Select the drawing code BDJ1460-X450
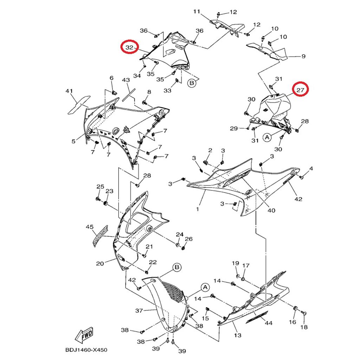click(x=86, y=350)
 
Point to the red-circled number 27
click(x=300, y=90)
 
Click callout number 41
click(x=69, y=91)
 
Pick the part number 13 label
click(x=238, y=335)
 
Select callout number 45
click(x=90, y=227)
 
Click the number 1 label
click(x=198, y=209)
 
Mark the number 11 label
click(x=197, y=12)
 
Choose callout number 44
click(x=269, y=323)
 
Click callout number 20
click(x=100, y=263)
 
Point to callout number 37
click(x=139, y=310)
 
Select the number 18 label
click(x=304, y=327)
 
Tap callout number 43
click(x=126, y=81)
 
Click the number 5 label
click(x=73, y=141)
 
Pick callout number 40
click(x=271, y=211)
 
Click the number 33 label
click(x=167, y=90)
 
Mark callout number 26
click(x=189, y=239)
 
